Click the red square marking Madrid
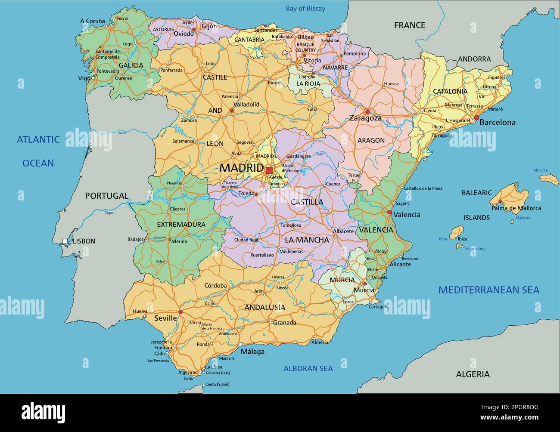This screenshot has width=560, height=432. (x=269, y=170)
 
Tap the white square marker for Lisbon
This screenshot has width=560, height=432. (x=65, y=241)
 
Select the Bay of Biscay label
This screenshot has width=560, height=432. (x=305, y=9)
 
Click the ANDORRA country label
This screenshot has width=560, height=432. (x=474, y=59)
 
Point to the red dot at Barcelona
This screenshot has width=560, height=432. (x=476, y=117)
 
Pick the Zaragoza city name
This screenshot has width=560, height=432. (x=365, y=118)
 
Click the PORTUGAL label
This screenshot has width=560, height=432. (x=106, y=196)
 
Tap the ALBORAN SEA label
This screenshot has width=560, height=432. (x=308, y=368)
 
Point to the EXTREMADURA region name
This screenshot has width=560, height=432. (x=181, y=225)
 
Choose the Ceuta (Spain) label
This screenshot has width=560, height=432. (x=217, y=384)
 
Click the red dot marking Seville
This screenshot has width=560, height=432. (x=180, y=312)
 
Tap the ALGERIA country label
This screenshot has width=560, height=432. (x=473, y=374)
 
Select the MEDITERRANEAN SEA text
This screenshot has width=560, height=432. (x=488, y=290)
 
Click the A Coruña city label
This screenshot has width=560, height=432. (x=92, y=21)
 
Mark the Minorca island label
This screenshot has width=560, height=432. (x=540, y=170)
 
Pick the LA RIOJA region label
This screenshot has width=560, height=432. (x=308, y=83)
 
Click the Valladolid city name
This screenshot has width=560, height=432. (x=246, y=105)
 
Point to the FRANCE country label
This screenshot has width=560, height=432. (x=409, y=25)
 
